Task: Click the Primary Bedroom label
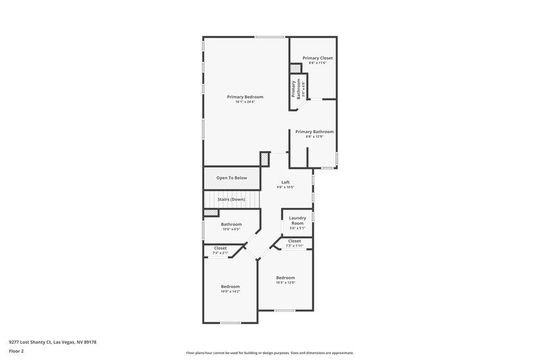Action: [x=244, y=97]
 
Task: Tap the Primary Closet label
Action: [x=317, y=58]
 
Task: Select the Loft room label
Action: [x=286, y=182]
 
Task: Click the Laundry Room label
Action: [x=298, y=220]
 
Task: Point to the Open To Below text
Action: [x=232, y=178]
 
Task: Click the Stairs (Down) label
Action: [x=231, y=199]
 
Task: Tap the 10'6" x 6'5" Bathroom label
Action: [x=232, y=224]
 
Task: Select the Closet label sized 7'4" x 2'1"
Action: [x=221, y=248]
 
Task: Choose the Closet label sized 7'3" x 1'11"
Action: [x=295, y=241]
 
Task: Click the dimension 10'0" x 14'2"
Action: [x=230, y=291]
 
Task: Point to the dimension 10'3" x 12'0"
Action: [x=286, y=282]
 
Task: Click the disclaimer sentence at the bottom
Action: [x=269, y=353]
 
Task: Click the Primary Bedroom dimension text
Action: [x=244, y=102]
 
